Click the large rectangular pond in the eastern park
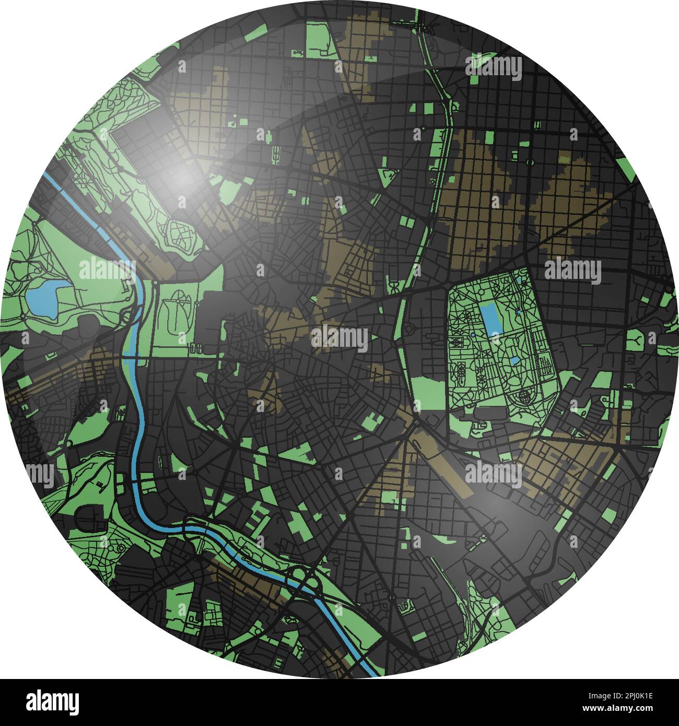(489, 320)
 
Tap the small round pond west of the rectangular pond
(473, 334)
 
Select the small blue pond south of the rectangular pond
(514, 361)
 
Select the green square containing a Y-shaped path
(636, 339)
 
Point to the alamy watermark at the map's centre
(340, 338)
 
